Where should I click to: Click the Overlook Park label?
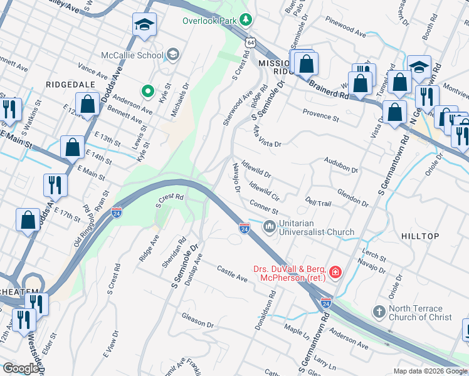click(211, 20)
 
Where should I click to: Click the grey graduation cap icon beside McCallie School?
click(171, 55)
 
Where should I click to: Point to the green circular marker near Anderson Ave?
click(148, 92)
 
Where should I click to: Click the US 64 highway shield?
click(250, 42)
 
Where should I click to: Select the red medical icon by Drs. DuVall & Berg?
click(336, 271)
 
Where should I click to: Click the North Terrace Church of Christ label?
click(419, 313)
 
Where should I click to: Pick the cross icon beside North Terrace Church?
click(378, 311)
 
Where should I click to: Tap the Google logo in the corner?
click(20, 368)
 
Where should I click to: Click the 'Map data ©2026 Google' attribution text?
click(429, 371)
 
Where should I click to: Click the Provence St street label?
click(320, 116)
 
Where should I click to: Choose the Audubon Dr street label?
click(340, 165)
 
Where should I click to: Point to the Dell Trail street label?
click(318, 202)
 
